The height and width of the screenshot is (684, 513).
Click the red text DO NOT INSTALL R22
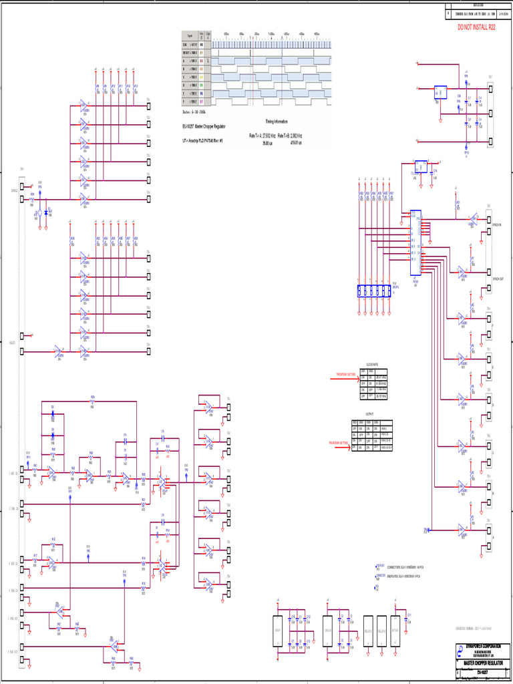coord(477,27)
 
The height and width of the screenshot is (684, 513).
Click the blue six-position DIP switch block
coord(375,291)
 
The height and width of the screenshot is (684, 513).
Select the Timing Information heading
coord(276,122)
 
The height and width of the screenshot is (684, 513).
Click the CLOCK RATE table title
coord(372,364)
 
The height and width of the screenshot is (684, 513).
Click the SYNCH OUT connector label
coord(498,279)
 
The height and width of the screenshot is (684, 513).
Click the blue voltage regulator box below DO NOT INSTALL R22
coord(440,91)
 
